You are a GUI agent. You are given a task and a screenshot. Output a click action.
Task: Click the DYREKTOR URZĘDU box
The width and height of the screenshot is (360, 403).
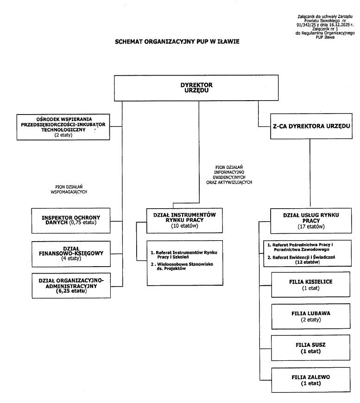pos(196,88)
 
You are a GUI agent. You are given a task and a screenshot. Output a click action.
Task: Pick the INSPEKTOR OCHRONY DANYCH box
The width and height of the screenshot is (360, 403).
pos(71,220)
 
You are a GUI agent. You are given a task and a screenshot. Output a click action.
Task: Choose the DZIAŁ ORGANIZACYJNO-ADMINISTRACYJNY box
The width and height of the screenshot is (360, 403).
pos(71,286)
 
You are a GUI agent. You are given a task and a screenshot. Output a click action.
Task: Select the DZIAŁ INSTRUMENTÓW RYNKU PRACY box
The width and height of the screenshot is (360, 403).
pos(184,220)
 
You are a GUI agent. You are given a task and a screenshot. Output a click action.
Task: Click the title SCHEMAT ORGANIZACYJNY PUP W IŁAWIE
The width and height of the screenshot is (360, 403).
pos(177,41)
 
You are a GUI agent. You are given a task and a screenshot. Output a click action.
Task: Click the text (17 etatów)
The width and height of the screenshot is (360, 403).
pos(311,227)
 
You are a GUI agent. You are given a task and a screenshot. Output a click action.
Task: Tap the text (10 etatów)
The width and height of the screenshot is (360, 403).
pos(184,226)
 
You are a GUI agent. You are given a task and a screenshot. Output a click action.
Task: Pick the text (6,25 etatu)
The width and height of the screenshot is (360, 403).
pos(71,291)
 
